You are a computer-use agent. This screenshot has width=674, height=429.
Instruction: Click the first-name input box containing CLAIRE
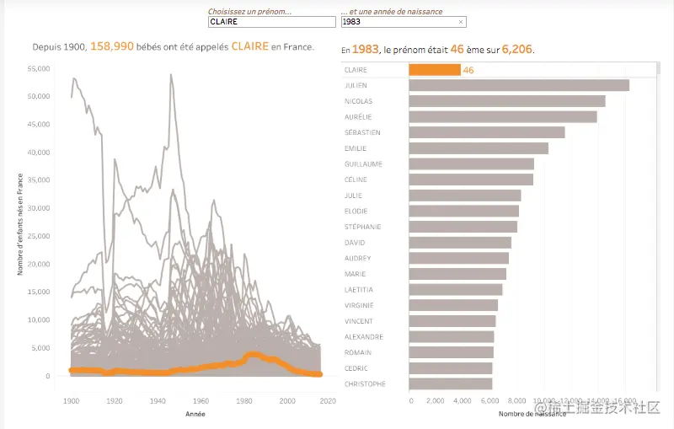tap(271, 22)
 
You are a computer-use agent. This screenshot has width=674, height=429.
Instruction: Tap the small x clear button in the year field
tap(461, 22)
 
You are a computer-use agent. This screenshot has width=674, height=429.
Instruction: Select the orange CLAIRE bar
tap(435, 70)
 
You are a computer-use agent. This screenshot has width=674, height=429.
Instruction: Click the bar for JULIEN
tap(519, 85)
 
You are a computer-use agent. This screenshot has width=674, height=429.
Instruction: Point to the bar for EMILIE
tap(479, 148)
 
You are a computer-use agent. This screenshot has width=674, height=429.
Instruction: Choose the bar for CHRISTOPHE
tap(451, 383)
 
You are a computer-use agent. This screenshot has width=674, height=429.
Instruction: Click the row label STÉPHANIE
tap(363, 227)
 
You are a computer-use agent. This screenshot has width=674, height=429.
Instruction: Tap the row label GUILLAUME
tap(364, 164)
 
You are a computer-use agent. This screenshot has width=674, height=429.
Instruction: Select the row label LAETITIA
tap(360, 289)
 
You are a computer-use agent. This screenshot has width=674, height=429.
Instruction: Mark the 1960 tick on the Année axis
tap(201, 401)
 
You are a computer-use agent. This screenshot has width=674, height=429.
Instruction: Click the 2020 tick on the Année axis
tap(331, 401)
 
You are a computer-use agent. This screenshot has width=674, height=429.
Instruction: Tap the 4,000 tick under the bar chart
tap(462, 401)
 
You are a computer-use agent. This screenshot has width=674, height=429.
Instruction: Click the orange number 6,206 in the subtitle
tap(516, 50)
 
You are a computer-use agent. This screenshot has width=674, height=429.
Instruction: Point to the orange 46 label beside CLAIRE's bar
tap(468, 70)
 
